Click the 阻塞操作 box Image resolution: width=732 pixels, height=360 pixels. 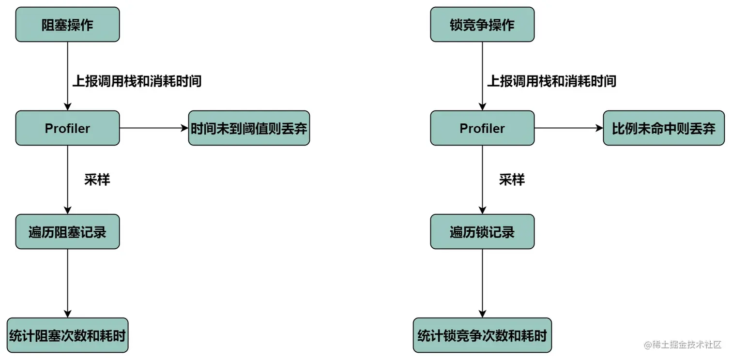pos(67,25)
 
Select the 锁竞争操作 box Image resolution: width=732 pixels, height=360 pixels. pos(482,25)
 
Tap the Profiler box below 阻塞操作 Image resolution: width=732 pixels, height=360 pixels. pos(67,128)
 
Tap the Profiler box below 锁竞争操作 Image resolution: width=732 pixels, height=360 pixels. pos(482,128)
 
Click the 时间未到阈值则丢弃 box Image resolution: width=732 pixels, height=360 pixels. pos(249,128)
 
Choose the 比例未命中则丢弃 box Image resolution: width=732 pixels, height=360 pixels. pos(663,128)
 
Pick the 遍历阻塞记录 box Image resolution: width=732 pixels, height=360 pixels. pos(67,232)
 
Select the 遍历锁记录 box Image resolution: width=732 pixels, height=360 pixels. pos(482,232)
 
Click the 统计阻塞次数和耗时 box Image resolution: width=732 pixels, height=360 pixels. pos(67,335)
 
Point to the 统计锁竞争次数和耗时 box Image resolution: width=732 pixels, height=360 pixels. pos(482,335)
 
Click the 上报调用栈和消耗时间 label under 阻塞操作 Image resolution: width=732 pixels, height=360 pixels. pos(137,81)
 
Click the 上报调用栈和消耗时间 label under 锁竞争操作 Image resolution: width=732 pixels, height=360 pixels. pos(551,81)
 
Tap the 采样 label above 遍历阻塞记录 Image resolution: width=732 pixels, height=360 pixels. pos(97,180)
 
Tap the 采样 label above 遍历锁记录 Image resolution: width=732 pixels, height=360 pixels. pos(512,180)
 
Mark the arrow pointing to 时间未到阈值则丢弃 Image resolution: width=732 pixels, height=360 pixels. pos(153,128)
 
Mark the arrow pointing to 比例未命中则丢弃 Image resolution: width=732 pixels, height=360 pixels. pos(568,128)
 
